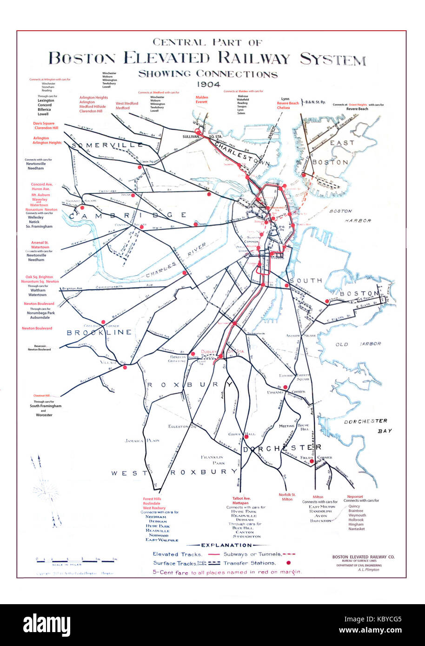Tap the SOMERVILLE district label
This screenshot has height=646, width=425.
pyautogui.click(x=107, y=145)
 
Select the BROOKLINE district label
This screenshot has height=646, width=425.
pyautogui.click(x=99, y=333)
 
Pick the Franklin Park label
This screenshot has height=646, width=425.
pyautogui.click(x=212, y=460)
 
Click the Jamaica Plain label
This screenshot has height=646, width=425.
pyautogui.click(x=142, y=441)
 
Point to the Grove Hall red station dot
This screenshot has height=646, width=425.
pyautogui.click(x=246, y=435)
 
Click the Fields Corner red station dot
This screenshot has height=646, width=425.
pyautogui.click(x=312, y=461)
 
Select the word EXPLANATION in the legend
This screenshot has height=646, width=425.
pyautogui.click(x=226, y=545)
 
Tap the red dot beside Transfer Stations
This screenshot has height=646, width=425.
pyautogui.click(x=288, y=563)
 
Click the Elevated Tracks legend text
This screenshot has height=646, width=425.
pyautogui.click(x=177, y=554)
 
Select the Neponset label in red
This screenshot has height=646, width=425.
pyautogui.click(x=355, y=497)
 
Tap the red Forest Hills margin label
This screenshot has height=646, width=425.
pyautogui.click(x=152, y=499)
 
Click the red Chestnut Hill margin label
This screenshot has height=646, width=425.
pyautogui.click(x=42, y=396)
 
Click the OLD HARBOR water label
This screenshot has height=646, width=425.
pyautogui.click(x=358, y=344)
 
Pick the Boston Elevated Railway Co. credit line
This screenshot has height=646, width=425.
pyautogui.click(x=363, y=556)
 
